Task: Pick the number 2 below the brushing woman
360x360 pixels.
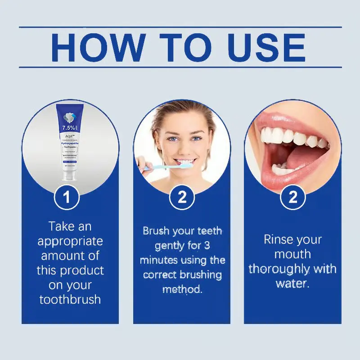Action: [182, 198]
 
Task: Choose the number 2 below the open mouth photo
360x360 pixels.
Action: [293, 198]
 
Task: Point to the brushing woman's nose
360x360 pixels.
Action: [185, 146]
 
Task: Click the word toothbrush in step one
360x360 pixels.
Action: [70, 300]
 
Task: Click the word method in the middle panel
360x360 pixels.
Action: [181, 289]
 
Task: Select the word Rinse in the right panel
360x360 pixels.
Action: [279, 240]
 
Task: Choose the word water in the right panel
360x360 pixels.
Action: [292, 284]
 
